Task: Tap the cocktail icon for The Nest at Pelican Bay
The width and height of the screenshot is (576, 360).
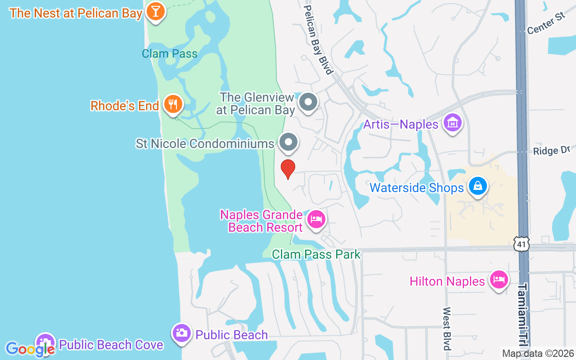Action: (156, 12)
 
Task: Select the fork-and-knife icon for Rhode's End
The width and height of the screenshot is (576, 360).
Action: (172, 104)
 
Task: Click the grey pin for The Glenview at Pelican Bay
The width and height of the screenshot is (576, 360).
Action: (308, 102)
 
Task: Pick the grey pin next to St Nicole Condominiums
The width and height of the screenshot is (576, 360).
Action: (288, 142)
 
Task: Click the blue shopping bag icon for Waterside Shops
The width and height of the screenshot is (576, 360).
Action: (477, 185)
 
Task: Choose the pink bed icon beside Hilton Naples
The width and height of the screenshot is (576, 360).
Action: (499, 279)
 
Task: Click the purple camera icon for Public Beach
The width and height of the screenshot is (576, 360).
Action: (181, 333)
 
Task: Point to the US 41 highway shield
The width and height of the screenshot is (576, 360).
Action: (521, 244)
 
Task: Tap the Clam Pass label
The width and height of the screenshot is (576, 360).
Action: (170, 54)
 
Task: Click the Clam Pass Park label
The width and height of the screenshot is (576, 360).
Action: (316, 254)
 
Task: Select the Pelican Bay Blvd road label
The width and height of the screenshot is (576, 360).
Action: (318, 40)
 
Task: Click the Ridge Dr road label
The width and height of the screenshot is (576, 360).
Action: (551, 150)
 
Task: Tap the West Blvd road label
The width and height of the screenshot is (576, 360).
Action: (447, 328)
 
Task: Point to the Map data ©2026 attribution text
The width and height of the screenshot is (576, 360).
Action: (538, 354)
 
